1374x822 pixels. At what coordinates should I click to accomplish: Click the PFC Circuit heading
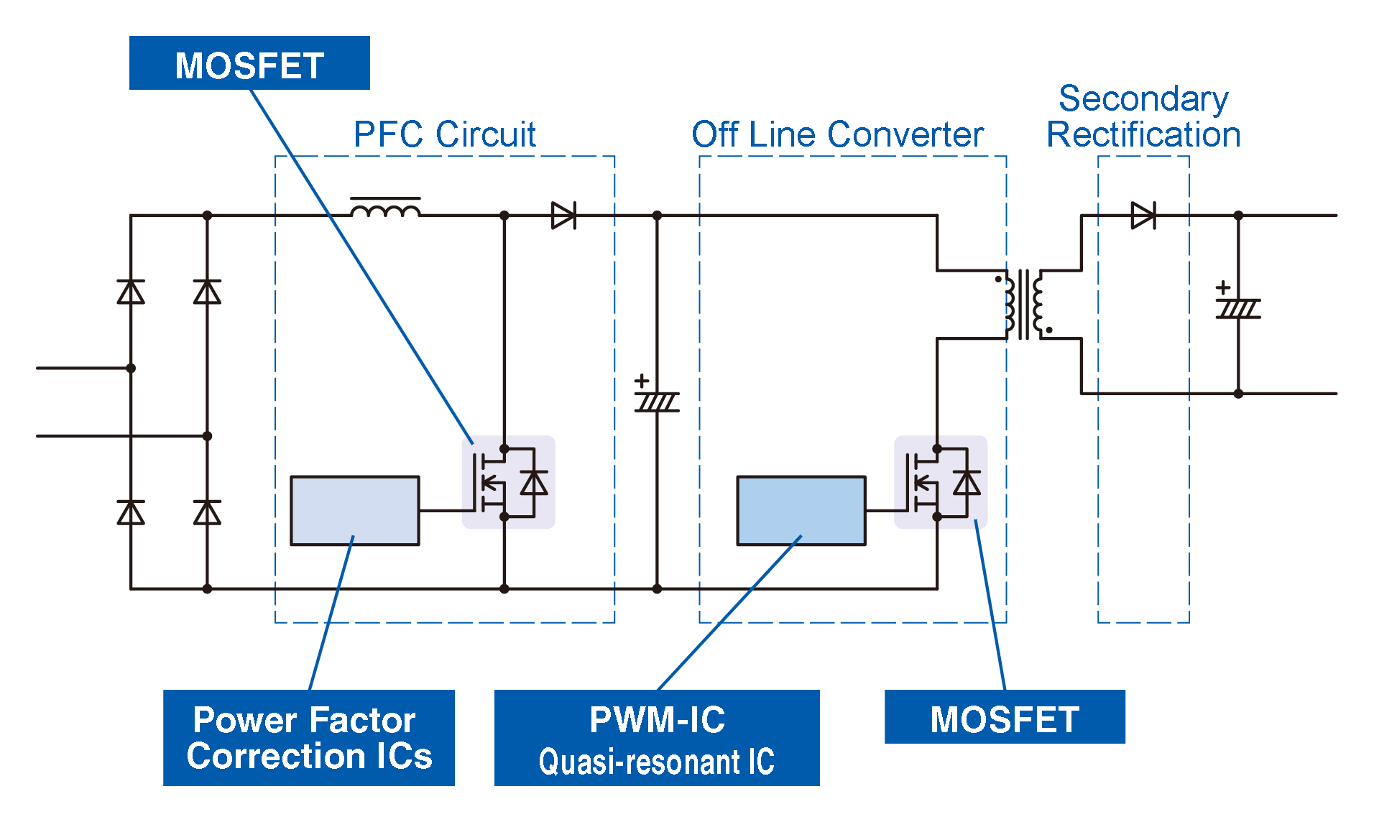pyautogui.click(x=444, y=134)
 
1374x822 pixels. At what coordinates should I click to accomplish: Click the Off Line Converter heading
pyautogui.click(x=837, y=134)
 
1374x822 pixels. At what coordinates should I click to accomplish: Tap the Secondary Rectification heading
pyautogui.click(x=1143, y=116)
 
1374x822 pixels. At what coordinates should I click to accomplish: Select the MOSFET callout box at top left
pyautogui.click(x=249, y=63)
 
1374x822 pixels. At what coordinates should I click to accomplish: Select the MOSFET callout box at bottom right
pyautogui.click(x=1004, y=717)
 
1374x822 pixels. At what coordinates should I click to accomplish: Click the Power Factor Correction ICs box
pyautogui.click(x=308, y=737)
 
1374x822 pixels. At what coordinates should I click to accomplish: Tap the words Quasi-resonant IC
pyautogui.click(x=656, y=762)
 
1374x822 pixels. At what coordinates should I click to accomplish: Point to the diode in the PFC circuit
pyautogui.click(x=563, y=215)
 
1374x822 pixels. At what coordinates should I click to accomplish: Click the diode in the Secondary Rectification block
pyautogui.click(x=1143, y=215)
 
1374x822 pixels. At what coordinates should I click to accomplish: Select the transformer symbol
pyautogui.click(x=1023, y=304)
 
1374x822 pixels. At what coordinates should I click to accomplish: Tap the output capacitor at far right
pyautogui.click(x=1238, y=308)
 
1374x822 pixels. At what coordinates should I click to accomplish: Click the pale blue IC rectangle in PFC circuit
pyautogui.click(x=354, y=510)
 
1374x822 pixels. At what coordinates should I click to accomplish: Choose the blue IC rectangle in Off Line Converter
pyautogui.click(x=801, y=510)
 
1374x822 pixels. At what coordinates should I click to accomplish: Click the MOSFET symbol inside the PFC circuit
pyautogui.click(x=507, y=482)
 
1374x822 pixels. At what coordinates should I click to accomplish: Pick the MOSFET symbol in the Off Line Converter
pyautogui.click(x=940, y=482)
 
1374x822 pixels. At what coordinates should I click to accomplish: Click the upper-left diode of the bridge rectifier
pyautogui.click(x=131, y=292)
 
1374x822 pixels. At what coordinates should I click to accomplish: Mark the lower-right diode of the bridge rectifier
pyautogui.click(x=207, y=512)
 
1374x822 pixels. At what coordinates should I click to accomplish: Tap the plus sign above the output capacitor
pyautogui.click(x=1223, y=287)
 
